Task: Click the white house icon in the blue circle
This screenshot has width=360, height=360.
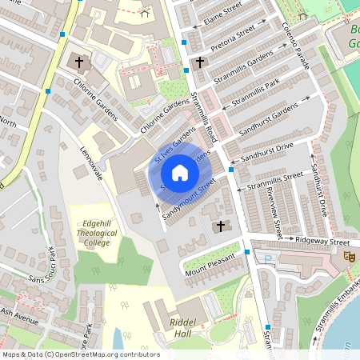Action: pos(180,172)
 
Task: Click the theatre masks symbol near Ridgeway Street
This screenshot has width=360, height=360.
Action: pos(349,256)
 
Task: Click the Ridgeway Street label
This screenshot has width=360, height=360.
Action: pos(322,240)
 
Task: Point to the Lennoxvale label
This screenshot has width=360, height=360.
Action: pos(92,165)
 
